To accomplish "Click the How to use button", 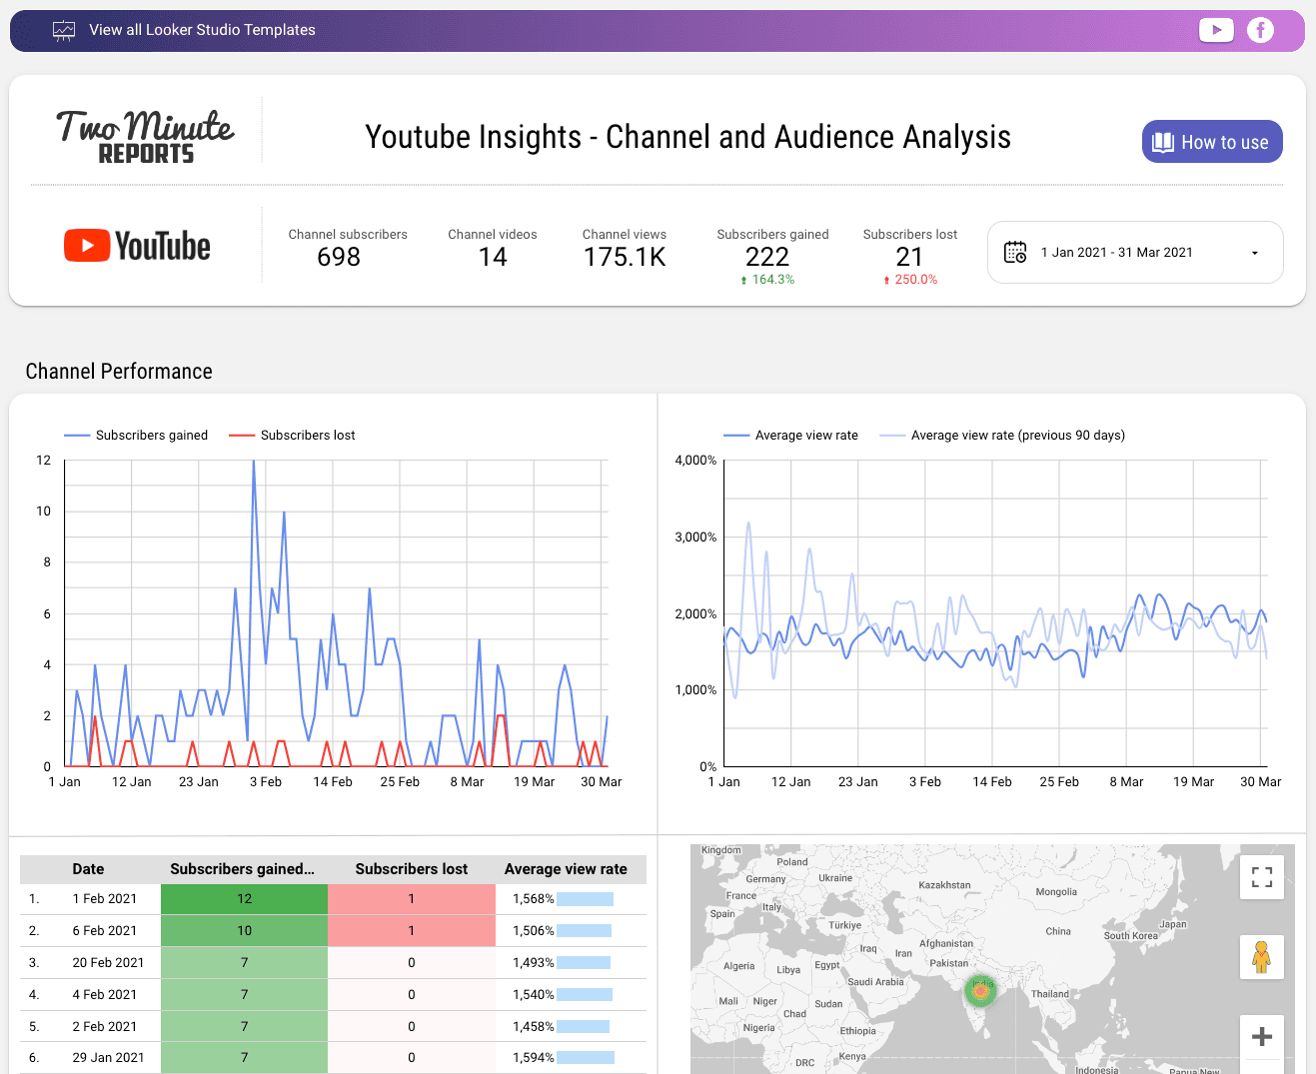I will tap(1211, 142).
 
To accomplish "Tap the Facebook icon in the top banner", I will tap(1260, 30).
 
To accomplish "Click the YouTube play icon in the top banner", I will tap(1216, 30).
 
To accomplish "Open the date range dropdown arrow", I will tap(1255, 253).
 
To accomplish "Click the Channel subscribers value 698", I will tap(339, 258).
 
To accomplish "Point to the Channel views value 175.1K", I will tap(625, 258).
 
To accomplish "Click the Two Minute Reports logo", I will tap(145, 136).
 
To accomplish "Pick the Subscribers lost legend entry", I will tap(307, 436).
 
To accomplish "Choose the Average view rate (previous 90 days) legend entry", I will tap(1017, 436).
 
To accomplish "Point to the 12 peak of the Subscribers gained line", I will tap(254, 463).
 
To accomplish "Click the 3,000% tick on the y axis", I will tap(695, 537).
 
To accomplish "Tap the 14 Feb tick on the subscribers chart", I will tap(333, 782).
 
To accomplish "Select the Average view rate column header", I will tap(566, 869).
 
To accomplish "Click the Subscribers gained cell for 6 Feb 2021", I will tap(244, 930).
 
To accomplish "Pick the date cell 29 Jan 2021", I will tap(108, 1057).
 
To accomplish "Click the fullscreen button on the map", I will tap(1261, 876).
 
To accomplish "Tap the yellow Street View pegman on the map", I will tap(1261, 957).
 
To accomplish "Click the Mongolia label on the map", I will tap(1056, 892).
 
